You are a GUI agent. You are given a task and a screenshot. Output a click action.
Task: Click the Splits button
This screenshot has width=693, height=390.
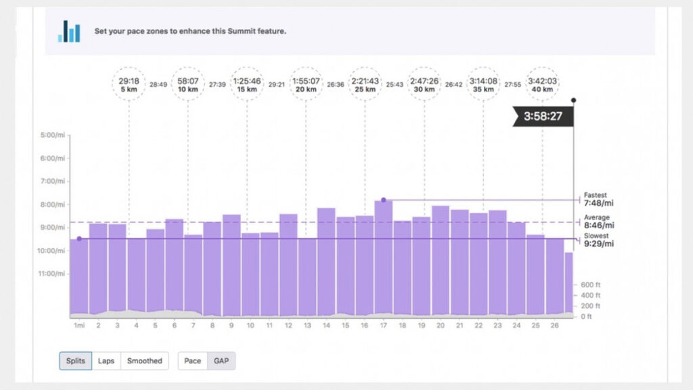(x=76, y=361)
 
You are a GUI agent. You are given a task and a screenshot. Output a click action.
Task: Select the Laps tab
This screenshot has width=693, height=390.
(x=106, y=361)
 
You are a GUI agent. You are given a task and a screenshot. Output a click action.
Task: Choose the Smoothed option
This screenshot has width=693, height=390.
(x=145, y=361)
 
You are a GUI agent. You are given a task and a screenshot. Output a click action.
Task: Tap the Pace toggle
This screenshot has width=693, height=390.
(x=192, y=361)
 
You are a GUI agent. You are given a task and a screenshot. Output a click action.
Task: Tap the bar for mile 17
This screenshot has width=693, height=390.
(x=384, y=257)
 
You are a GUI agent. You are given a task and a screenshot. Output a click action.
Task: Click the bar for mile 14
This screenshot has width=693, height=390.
(x=326, y=261)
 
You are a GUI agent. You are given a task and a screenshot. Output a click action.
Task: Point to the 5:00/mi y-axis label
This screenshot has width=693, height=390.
(x=53, y=135)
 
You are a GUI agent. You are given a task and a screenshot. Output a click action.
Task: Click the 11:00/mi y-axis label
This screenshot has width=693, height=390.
(x=53, y=274)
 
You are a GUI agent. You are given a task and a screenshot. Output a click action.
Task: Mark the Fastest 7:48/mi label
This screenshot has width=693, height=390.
(x=598, y=199)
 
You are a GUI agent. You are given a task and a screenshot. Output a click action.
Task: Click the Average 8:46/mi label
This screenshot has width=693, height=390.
(x=598, y=221)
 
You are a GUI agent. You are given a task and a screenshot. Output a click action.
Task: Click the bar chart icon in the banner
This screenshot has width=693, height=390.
(x=69, y=31)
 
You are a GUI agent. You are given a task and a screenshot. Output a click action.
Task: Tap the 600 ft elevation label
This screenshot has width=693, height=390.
(x=591, y=285)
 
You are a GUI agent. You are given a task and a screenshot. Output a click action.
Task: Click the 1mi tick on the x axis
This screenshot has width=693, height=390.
(x=78, y=326)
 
